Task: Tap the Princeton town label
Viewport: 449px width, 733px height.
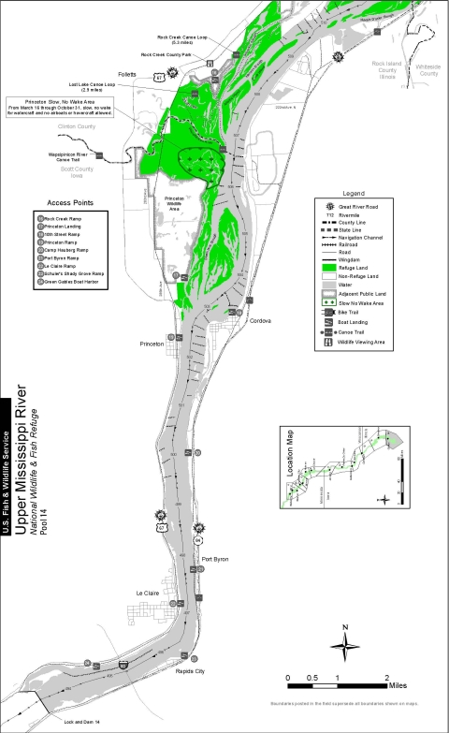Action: coord(152,344)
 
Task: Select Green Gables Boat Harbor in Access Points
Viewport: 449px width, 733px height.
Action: coord(72,281)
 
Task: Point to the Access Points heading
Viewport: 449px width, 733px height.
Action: coord(65,202)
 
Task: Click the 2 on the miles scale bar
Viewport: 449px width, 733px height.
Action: coord(386,677)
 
